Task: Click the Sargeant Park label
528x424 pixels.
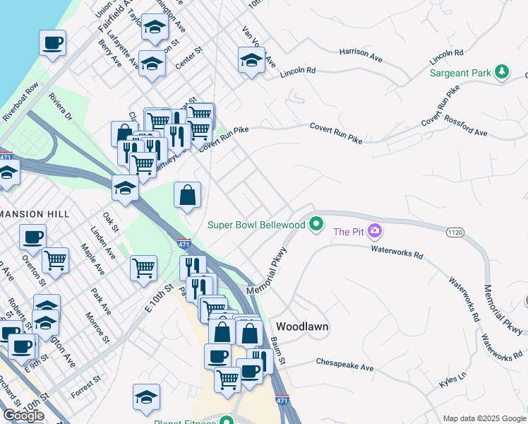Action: tap(460, 72)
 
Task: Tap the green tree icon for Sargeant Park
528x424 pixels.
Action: tap(502, 71)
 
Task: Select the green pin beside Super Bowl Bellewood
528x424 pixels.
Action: tap(317, 225)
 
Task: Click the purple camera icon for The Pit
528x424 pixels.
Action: tap(375, 230)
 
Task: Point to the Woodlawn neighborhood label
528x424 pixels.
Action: tap(302, 326)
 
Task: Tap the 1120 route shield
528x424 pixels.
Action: tap(455, 231)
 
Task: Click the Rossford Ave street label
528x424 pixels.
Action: tap(466, 127)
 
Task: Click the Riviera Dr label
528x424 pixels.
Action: tap(61, 106)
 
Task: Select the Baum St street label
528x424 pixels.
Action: tap(277, 351)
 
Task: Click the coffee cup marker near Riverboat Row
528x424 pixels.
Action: tap(53, 44)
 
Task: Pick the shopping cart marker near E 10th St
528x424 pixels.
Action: tap(143, 269)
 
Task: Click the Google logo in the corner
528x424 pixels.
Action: tap(23, 415)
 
